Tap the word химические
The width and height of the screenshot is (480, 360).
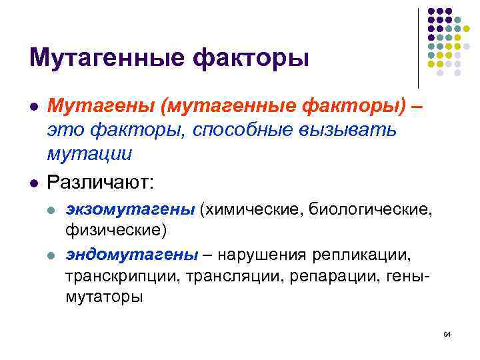tap(253, 210)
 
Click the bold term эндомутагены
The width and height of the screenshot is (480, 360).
tap(131, 255)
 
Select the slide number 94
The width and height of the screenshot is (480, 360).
tap(447, 333)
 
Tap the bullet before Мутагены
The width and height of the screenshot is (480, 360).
tap(33, 107)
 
